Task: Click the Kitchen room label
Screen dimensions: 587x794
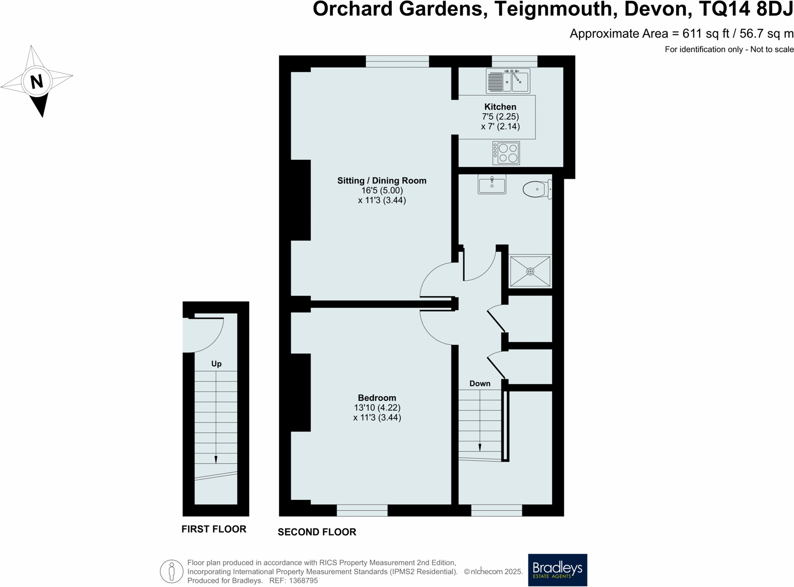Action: (500, 107)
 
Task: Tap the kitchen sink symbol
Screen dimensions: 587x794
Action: (508, 81)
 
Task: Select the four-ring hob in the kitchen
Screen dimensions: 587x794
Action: (507, 153)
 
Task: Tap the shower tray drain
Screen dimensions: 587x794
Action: (530, 272)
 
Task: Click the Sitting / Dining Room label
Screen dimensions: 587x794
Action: (382, 180)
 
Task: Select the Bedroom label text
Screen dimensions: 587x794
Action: (377, 398)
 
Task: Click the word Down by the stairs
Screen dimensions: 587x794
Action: (480, 383)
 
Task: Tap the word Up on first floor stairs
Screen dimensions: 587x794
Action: (216, 364)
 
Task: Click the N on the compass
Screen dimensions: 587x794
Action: (36, 82)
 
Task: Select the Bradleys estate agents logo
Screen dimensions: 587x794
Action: (557, 570)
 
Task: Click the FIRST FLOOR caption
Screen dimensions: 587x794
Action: (214, 529)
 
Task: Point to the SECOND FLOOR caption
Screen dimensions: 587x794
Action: (317, 532)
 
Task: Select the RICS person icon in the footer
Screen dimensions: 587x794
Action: (171, 571)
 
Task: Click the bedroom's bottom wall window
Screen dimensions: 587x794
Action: (362, 510)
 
